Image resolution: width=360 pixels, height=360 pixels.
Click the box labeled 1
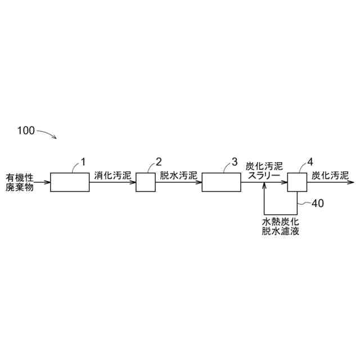click(69, 182)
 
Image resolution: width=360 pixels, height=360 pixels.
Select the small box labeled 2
click(146, 182)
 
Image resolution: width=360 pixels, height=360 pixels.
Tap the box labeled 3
click(221, 182)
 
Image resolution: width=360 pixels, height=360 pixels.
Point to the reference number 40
click(317, 204)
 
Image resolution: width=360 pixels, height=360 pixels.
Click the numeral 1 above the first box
click(83, 162)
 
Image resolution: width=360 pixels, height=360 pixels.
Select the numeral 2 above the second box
click(158, 162)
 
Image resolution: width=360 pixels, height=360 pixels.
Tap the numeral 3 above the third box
click(234, 162)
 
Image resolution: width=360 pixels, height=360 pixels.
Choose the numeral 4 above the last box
click(310, 162)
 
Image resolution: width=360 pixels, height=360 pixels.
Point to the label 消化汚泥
click(112, 175)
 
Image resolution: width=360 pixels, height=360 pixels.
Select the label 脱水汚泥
click(178, 175)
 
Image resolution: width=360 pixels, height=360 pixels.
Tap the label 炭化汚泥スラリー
click(264, 171)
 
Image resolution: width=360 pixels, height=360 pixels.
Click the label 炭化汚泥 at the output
click(330, 175)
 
